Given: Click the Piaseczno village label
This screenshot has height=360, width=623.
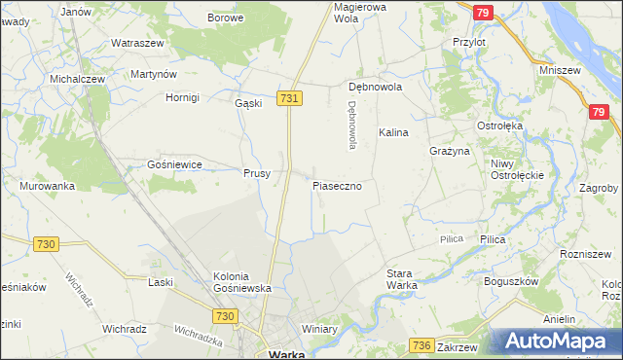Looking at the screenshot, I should (338, 185).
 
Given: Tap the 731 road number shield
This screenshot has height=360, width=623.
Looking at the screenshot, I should (289, 99).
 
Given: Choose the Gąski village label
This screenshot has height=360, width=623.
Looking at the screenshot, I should (249, 103).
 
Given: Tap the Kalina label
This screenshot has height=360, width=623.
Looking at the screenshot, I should (393, 132).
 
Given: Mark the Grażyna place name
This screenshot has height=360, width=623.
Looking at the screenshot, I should (450, 152).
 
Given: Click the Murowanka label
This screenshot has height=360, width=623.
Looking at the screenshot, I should (47, 186).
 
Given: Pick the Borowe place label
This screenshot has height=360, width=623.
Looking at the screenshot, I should (225, 18).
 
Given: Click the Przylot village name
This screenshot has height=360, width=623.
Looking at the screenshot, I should (469, 43).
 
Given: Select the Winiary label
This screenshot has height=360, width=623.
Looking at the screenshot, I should (318, 329).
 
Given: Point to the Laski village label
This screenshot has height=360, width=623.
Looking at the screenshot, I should (159, 282).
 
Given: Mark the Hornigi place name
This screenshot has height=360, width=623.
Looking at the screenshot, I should (182, 98).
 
